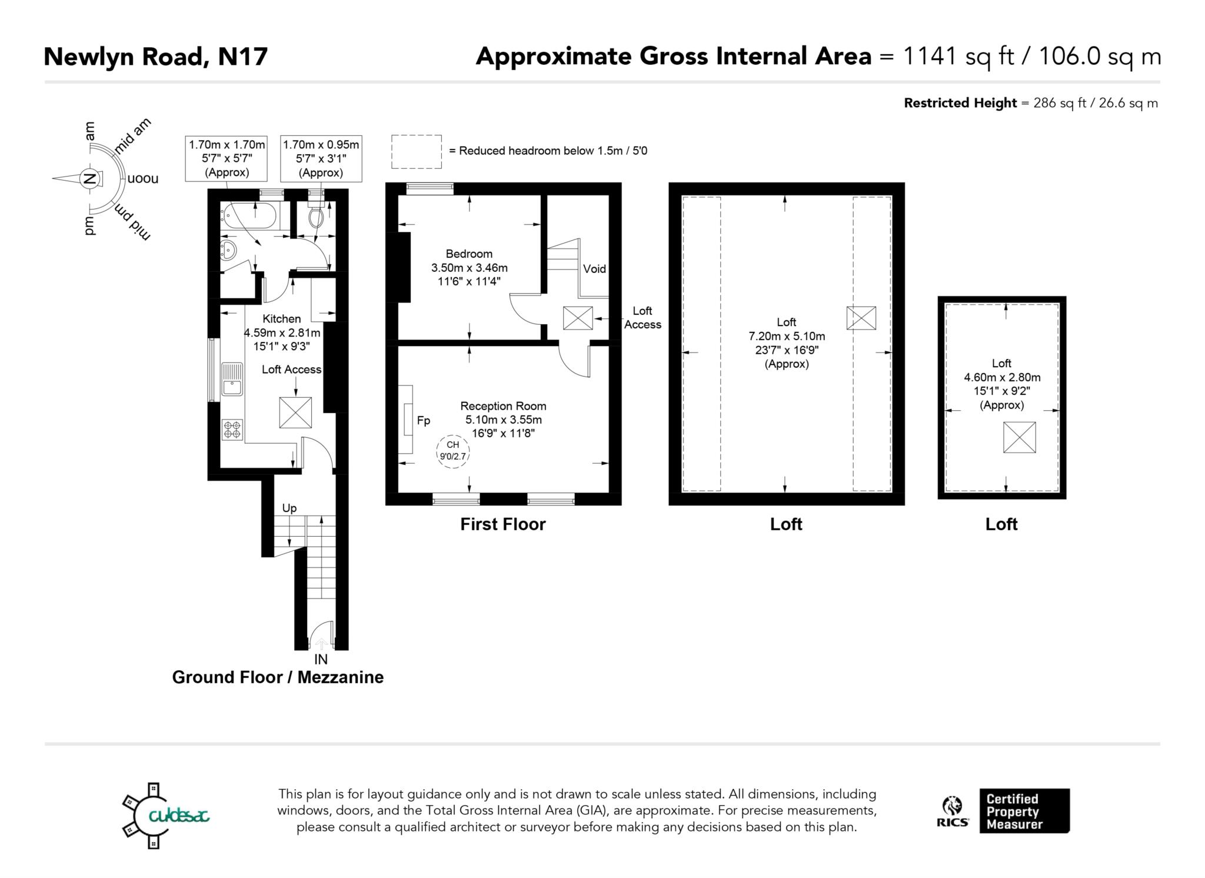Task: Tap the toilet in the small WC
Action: pyautogui.click(x=316, y=218)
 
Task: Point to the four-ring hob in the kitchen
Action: pyautogui.click(x=232, y=430)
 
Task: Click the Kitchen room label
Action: pyautogui.click(x=281, y=319)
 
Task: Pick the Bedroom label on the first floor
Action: pyautogui.click(x=469, y=254)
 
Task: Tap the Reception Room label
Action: pyautogui.click(x=503, y=406)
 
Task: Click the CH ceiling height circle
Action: pyautogui.click(x=453, y=451)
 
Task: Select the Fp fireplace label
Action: pyautogui.click(x=424, y=421)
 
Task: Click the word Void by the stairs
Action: pyautogui.click(x=594, y=269)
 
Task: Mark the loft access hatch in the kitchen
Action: pyautogui.click(x=295, y=413)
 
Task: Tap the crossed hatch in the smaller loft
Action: pyautogui.click(x=1019, y=437)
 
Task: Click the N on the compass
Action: pyautogui.click(x=89, y=178)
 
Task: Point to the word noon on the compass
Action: pyautogui.click(x=143, y=178)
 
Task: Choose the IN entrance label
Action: pyautogui.click(x=321, y=660)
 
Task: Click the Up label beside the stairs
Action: pyautogui.click(x=289, y=508)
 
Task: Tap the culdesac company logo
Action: pyautogui.click(x=166, y=816)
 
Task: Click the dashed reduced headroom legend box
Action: pyautogui.click(x=417, y=152)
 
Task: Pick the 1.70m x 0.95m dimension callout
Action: pyautogui.click(x=321, y=158)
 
